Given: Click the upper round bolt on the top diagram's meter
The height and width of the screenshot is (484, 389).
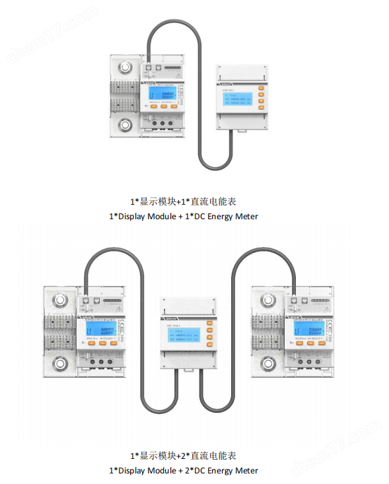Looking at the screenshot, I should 125,69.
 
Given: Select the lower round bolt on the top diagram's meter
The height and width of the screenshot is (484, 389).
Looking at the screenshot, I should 125,125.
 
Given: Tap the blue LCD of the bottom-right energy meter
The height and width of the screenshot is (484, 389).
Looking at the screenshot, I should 309,329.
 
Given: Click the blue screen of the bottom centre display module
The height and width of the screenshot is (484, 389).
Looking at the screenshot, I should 182,333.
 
